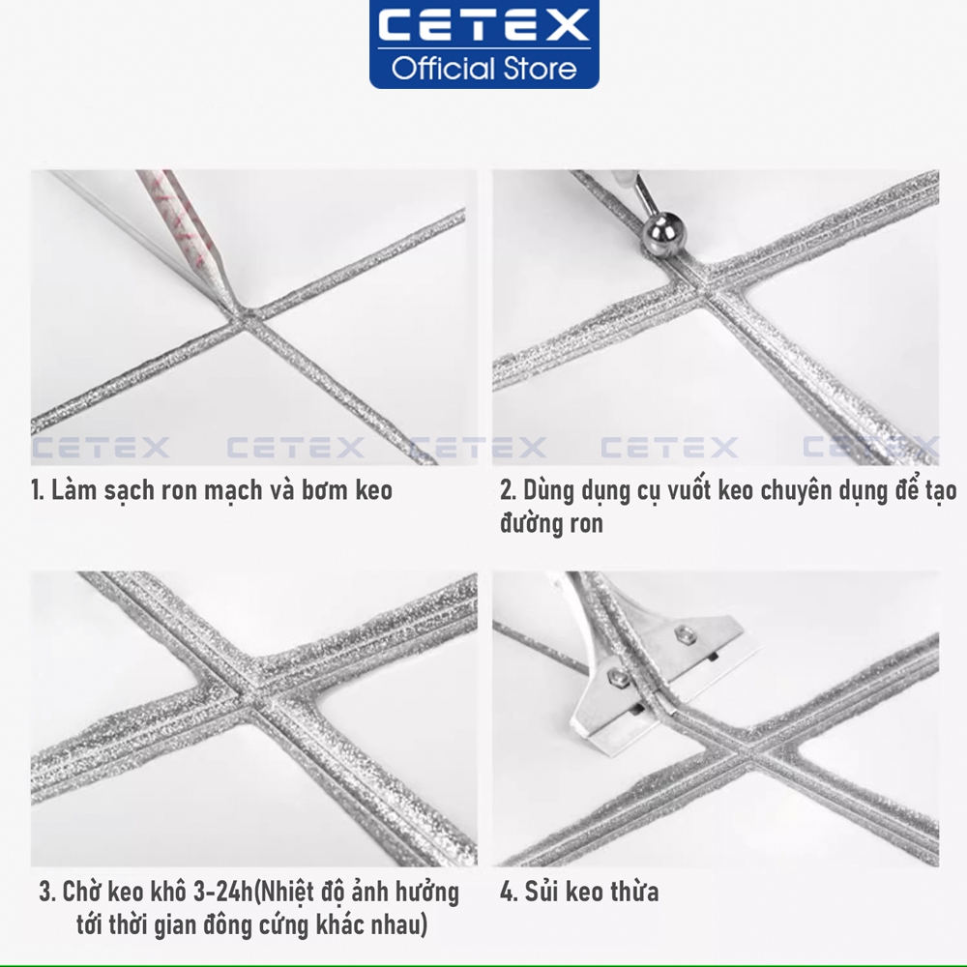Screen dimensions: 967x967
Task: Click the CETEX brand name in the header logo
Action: pos(483,26)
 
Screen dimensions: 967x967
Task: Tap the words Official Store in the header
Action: pos(483,69)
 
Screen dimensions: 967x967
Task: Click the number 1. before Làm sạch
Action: pos(38,490)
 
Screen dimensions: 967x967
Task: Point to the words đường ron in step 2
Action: pos(551,525)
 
